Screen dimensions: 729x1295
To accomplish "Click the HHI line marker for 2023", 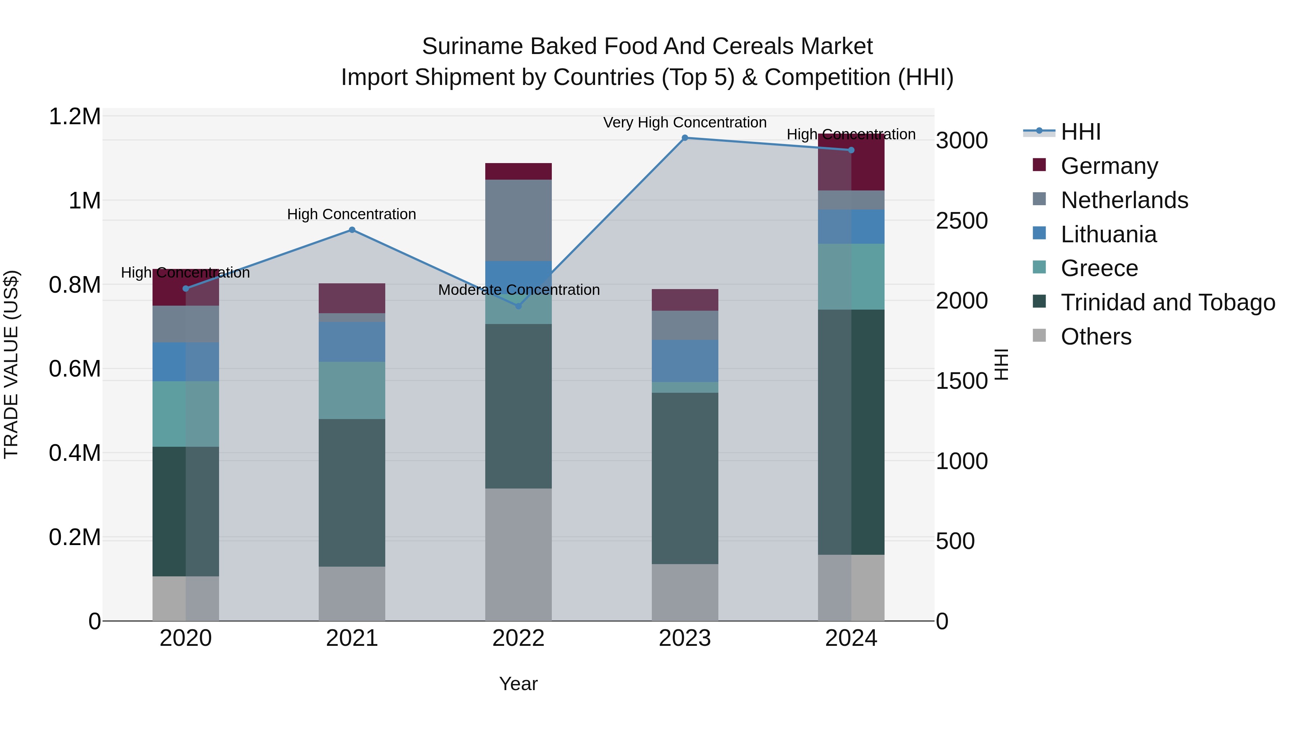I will pyautogui.click(x=685, y=138).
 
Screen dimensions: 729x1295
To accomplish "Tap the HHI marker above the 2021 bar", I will pyautogui.click(x=352, y=230).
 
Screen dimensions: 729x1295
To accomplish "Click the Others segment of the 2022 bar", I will pyautogui.click(x=518, y=554).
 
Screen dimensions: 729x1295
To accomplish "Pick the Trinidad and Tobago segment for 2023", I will pyautogui.click(x=685, y=478).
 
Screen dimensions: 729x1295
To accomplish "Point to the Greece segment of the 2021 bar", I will pyautogui.click(x=352, y=390).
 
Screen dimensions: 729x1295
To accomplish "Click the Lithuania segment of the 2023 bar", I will pyautogui.click(x=685, y=361).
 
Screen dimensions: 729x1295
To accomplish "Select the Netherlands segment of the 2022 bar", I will pyautogui.click(x=518, y=220).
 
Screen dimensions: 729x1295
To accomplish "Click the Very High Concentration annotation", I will pyautogui.click(x=685, y=122).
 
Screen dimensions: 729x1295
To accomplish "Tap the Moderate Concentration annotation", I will pyautogui.click(x=519, y=290).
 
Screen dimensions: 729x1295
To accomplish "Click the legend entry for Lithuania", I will pyautogui.click(x=1109, y=234).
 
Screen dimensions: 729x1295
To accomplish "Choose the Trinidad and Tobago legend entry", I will pyautogui.click(x=1167, y=302).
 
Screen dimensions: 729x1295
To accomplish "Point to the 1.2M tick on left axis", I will pyautogui.click(x=74, y=117).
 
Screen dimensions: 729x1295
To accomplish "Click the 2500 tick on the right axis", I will pyautogui.click(x=961, y=221).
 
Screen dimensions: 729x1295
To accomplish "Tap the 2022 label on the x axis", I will pyautogui.click(x=518, y=638).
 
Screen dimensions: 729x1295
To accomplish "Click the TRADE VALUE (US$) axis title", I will pyautogui.click(x=11, y=364).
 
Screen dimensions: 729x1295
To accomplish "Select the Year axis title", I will pyautogui.click(x=518, y=684).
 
